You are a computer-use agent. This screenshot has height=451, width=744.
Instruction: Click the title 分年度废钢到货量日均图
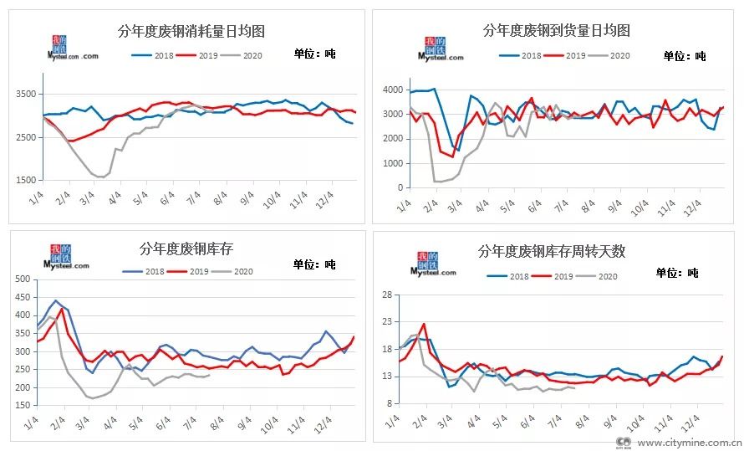pyautogui.click(x=556, y=31)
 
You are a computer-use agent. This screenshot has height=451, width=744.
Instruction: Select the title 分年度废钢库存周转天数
pyautogui.click(x=551, y=251)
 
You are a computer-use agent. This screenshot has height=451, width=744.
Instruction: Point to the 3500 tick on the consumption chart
pyautogui.click(x=26, y=94)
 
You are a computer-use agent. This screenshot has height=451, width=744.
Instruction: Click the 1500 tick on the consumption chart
pyautogui.click(x=26, y=180)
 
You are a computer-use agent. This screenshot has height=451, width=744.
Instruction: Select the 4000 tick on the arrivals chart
pyautogui.click(x=390, y=90)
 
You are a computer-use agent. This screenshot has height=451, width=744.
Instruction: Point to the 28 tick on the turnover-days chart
pyautogui.click(x=387, y=295)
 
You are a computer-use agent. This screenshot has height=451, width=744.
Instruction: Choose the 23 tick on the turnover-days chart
pyautogui.click(x=387, y=322)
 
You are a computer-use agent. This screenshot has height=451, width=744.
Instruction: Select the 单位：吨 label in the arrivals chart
pyautogui.click(x=684, y=56)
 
